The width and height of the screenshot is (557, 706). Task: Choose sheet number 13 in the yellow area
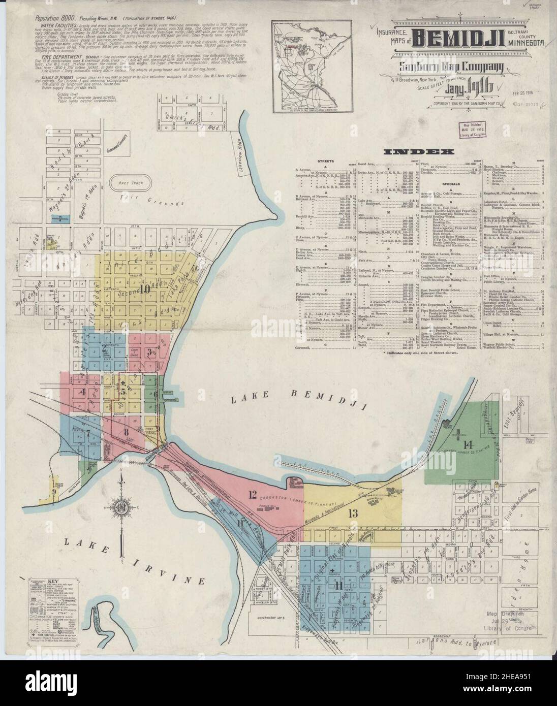(352, 513)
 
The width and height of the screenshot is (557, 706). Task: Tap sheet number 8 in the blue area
(126, 432)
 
